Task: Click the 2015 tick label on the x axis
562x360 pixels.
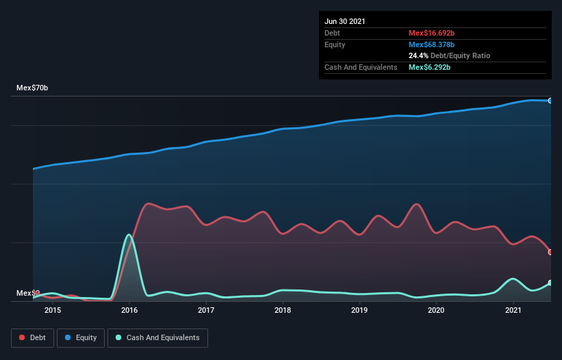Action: coord(53,311)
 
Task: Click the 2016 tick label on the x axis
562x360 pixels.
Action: coord(129,311)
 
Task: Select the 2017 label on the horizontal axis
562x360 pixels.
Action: coord(206,311)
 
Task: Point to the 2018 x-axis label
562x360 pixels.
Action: coord(283,311)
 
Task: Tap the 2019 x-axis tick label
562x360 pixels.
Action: coord(360,311)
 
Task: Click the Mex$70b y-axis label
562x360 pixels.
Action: coord(32,88)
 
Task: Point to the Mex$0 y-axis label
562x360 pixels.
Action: coord(28,293)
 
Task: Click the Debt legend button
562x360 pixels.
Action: coord(33,337)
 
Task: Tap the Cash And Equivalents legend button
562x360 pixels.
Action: coord(157,337)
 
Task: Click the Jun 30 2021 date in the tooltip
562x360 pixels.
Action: coord(345,21)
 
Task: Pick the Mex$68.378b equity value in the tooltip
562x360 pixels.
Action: coord(431,44)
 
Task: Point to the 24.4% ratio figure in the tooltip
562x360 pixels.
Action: coord(418,55)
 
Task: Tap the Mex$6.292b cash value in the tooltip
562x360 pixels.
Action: coord(429,67)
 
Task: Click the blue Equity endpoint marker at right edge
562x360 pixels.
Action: coord(550,101)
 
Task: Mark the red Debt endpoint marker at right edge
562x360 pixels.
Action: coord(550,252)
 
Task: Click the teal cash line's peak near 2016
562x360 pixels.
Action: coord(129,235)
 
